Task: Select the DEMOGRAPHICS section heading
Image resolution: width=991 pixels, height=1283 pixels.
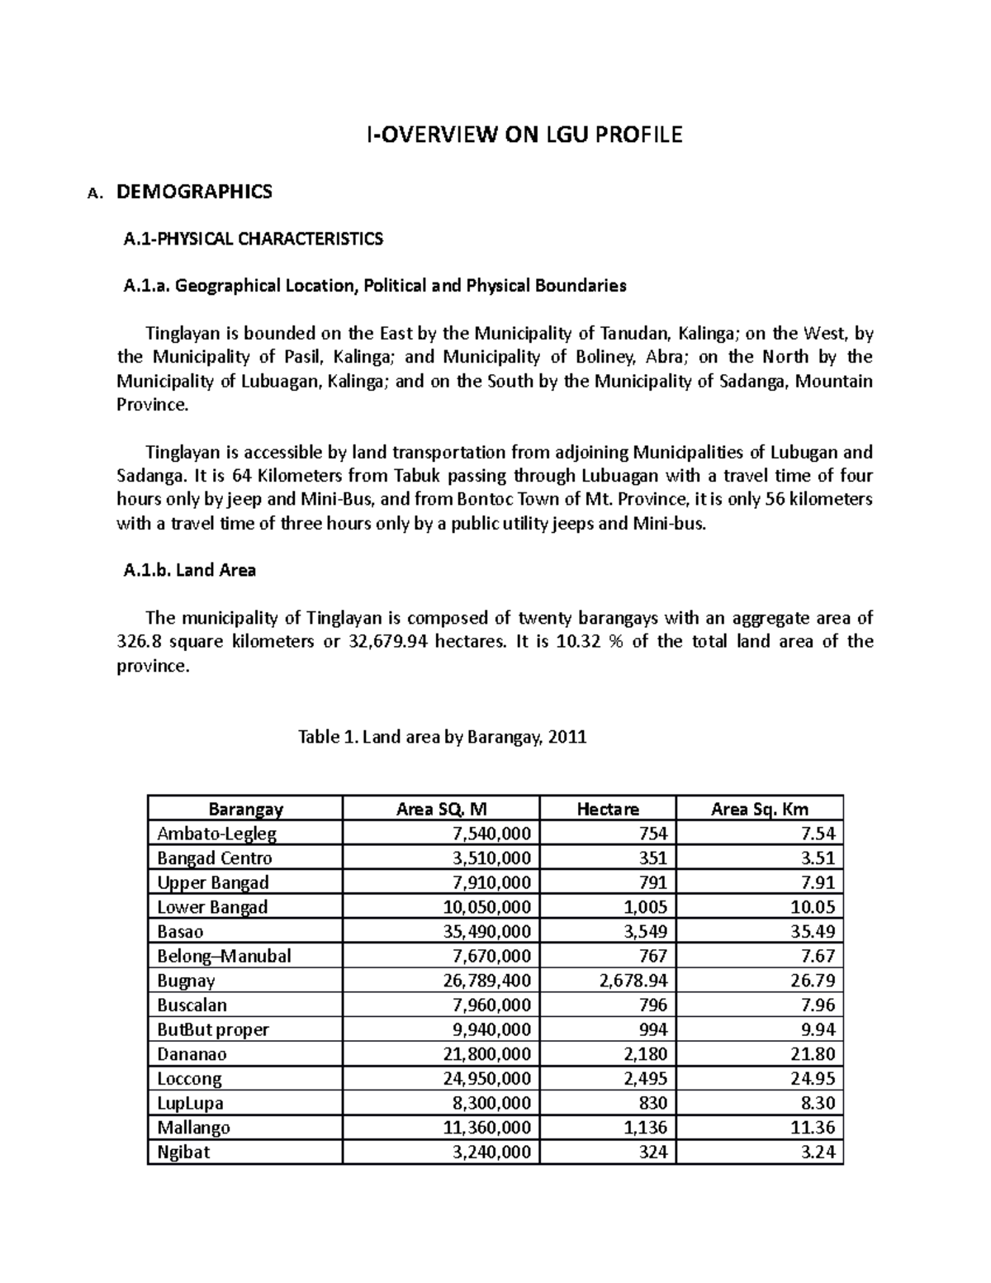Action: click(194, 192)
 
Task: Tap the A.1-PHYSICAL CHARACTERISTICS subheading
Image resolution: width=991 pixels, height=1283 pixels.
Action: click(253, 240)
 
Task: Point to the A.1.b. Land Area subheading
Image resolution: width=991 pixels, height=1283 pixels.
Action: click(189, 570)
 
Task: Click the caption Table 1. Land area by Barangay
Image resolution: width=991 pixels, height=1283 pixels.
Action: click(442, 737)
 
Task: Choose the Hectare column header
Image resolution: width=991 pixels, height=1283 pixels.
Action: click(607, 809)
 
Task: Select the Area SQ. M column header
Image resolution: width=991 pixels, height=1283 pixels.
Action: click(441, 809)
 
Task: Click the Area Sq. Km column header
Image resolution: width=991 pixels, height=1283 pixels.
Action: click(759, 809)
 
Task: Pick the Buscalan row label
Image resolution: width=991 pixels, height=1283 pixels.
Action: click(192, 1005)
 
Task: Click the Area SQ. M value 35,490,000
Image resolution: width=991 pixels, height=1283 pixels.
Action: click(487, 932)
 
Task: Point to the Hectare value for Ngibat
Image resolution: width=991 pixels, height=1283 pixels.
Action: click(652, 1152)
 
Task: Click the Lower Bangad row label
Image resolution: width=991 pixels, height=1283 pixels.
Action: click(212, 907)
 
